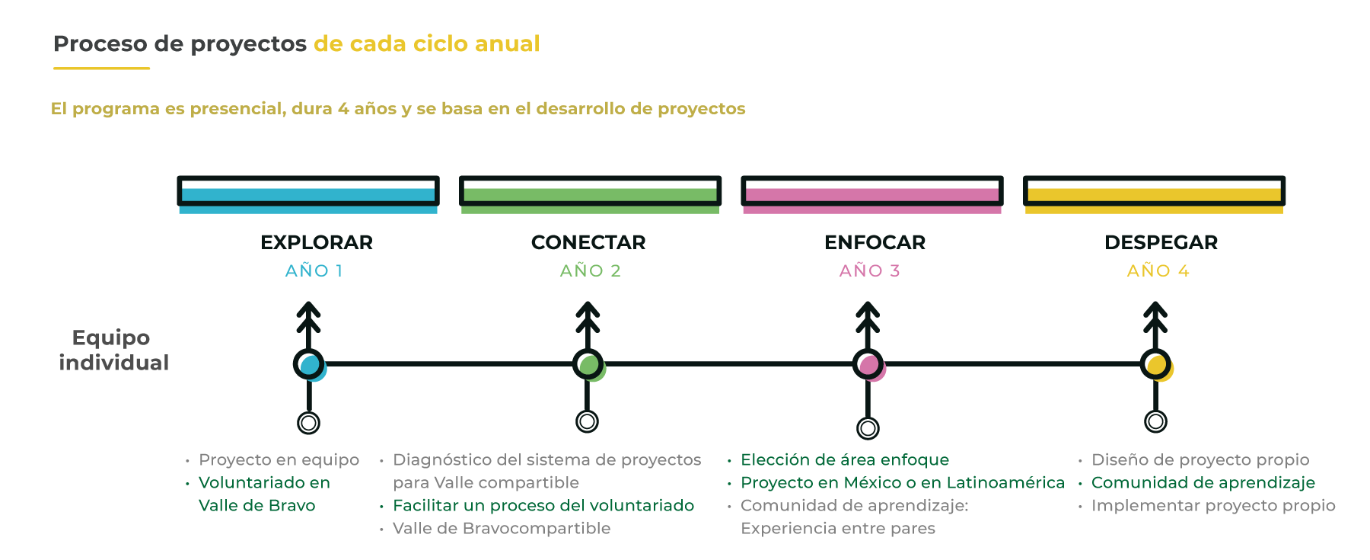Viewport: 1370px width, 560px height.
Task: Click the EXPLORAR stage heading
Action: (317, 242)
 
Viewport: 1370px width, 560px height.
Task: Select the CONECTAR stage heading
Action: (588, 242)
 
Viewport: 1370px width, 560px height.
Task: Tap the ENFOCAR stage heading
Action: (875, 242)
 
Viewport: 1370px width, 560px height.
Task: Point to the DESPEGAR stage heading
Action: (1161, 242)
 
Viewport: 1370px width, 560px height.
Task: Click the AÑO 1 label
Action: (314, 270)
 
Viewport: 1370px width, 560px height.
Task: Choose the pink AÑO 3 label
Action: (870, 270)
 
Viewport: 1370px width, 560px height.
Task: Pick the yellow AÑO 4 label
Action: (1158, 270)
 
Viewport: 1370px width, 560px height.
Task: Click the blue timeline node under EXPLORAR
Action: (310, 365)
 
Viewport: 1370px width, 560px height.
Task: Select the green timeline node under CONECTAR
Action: (588, 365)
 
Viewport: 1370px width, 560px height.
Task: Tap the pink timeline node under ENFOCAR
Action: (868, 365)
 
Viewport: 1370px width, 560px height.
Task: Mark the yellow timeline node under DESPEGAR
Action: (1156, 365)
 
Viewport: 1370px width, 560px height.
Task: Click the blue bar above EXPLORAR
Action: (308, 194)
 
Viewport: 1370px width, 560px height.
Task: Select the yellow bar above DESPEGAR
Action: (1155, 194)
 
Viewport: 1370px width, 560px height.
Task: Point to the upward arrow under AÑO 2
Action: (588, 325)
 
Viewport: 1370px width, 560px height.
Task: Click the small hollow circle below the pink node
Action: (868, 428)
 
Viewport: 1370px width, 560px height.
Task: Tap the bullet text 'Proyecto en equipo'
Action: (279, 459)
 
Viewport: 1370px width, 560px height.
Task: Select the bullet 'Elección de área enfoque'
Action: (845, 459)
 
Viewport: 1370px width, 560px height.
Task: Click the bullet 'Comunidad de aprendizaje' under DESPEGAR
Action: (1203, 482)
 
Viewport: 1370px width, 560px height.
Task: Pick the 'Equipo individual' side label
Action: (113, 350)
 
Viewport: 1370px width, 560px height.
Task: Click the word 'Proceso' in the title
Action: (100, 43)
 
